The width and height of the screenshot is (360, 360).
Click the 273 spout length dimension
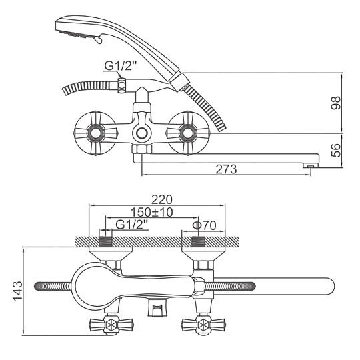coord(226,169)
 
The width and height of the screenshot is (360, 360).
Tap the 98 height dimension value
coord(336,103)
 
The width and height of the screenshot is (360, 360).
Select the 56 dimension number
coord(336,150)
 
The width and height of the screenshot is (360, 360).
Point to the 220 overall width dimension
coord(161,199)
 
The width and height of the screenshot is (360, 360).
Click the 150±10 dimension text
coord(152,212)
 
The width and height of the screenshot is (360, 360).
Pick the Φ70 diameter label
coord(204,225)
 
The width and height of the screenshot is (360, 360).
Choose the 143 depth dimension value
coord(17,291)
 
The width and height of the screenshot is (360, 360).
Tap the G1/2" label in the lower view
coord(131,225)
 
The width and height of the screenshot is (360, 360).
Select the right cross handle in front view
coord(188,133)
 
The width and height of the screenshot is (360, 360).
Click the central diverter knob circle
coord(141,133)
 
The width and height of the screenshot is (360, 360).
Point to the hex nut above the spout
coord(141,149)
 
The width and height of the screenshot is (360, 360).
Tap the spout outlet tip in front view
coord(310,165)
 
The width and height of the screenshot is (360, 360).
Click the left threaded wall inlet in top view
coord(105,241)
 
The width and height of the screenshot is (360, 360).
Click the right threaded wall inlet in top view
coord(198,241)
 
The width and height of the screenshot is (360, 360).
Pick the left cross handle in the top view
coord(111,325)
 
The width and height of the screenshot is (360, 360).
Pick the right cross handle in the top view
coord(203,325)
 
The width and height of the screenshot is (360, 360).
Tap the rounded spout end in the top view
coord(328,286)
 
